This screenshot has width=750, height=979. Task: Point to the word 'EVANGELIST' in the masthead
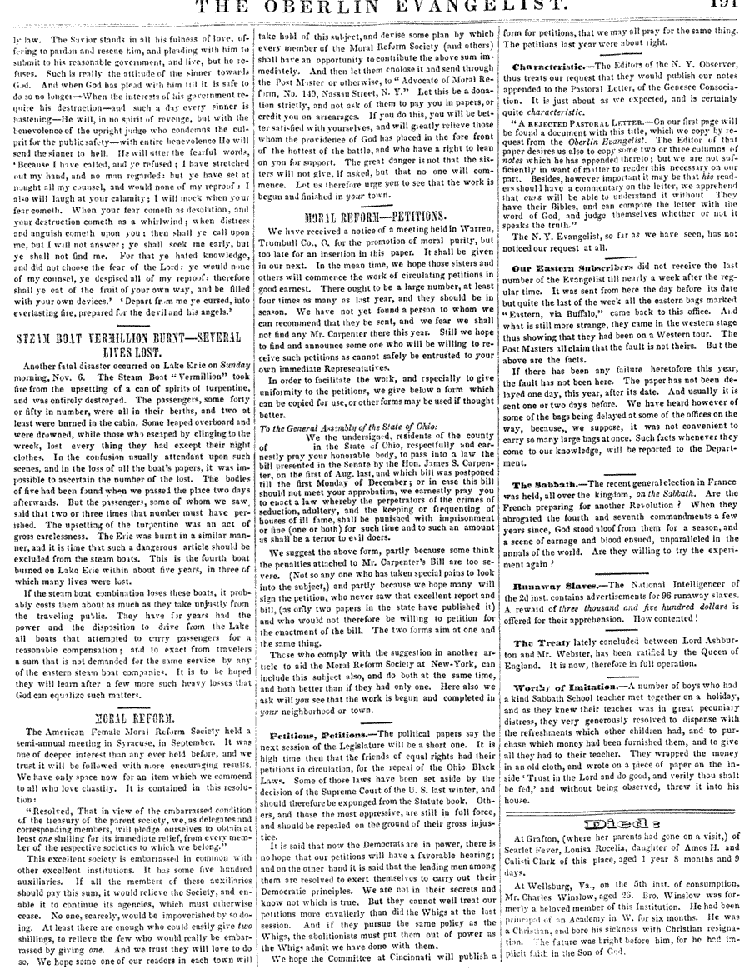pyautogui.click(x=532, y=7)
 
